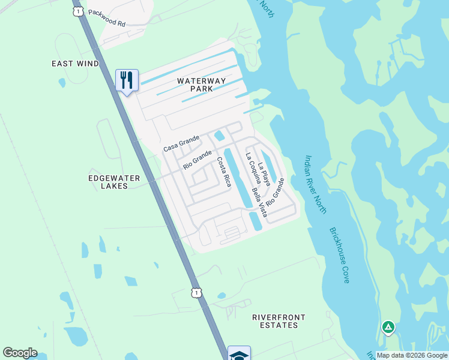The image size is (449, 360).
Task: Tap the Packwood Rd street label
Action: pyautogui.click(x=106, y=17)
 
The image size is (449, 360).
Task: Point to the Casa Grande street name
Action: pyautogui.click(x=181, y=144)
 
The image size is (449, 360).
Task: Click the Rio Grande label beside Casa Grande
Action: pyautogui.click(x=197, y=160)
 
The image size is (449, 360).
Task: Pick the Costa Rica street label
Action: pyautogui.click(x=224, y=172)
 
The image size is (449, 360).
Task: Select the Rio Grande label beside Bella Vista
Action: pyautogui.click(x=275, y=191)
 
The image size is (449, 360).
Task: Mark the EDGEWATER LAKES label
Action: pyautogui.click(x=114, y=182)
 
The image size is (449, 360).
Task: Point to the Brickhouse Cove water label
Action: pyautogui.click(x=339, y=255)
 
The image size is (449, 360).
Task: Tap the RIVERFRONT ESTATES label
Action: pyautogui.click(x=279, y=321)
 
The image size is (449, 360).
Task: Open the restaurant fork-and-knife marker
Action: pyautogui.click(x=127, y=80)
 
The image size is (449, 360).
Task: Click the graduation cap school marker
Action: pyautogui.click(x=239, y=354)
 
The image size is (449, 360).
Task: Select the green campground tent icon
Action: pyautogui.click(x=388, y=327)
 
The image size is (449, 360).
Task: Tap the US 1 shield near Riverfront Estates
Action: pyautogui.click(x=196, y=292)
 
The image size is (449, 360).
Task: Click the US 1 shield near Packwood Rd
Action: pyautogui.click(x=77, y=11)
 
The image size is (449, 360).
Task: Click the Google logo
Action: pyautogui.click(x=20, y=353)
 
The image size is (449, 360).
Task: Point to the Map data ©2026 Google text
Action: pyautogui.click(x=412, y=355)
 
